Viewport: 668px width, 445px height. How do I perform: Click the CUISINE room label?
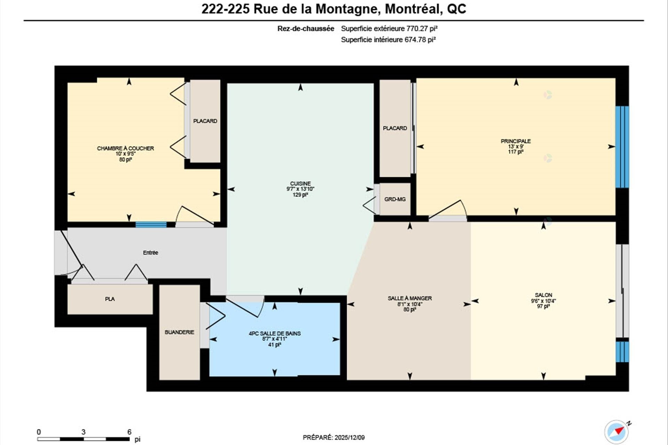click(x=300, y=184)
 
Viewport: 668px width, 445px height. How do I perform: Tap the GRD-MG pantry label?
click(x=395, y=200)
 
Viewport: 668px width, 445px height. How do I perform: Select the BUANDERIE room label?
click(x=180, y=332)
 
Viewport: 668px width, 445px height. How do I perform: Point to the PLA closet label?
click(x=110, y=299)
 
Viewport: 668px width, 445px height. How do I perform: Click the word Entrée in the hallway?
click(x=150, y=253)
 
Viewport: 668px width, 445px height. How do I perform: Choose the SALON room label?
click(x=543, y=295)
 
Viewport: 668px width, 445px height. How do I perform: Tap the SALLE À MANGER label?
click(x=410, y=298)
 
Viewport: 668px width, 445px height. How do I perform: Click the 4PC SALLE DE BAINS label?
click(x=275, y=333)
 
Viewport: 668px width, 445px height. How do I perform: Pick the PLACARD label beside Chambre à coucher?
click(x=205, y=121)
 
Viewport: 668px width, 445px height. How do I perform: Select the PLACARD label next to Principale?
click(x=395, y=128)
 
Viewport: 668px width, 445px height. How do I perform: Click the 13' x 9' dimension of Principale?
click(x=516, y=147)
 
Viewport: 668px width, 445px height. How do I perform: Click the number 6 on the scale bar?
click(x=129, y=432)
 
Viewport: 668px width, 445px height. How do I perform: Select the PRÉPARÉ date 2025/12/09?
click(x=350, y=438)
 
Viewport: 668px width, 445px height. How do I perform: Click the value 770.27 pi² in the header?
click(x=422, y=29)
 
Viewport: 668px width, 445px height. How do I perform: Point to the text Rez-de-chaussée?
click(x=305, y=29)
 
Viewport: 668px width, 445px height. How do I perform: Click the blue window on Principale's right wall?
click(x=622, y=147)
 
